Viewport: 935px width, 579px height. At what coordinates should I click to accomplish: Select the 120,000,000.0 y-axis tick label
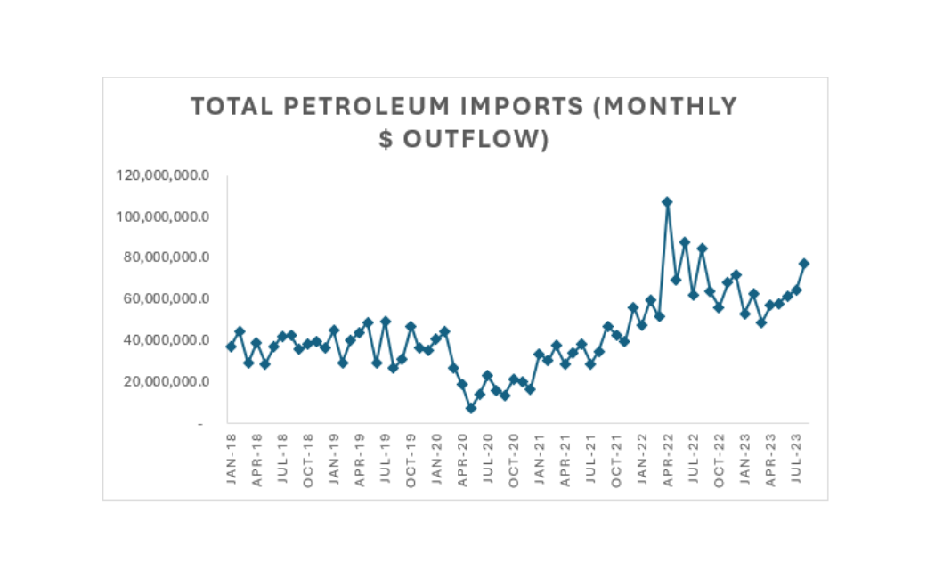click(x=163, y=175)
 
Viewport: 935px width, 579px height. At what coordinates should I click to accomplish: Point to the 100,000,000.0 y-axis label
click(x=163, y=216)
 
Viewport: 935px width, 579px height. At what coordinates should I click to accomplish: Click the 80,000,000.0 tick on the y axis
click(x=167, y=257)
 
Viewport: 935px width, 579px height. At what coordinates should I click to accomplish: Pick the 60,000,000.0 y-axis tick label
click(x=167, y=298)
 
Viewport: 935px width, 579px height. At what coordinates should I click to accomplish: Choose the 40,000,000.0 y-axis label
click(x=167, y=340)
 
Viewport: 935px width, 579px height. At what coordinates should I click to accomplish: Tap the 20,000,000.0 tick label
click(x=167, y=381)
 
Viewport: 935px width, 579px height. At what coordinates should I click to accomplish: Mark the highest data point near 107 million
click(x=667, y=202)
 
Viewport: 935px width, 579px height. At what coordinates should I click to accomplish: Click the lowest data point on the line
click(x=471, y=408)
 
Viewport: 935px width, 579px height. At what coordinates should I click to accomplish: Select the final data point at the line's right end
click(x=804, y=263)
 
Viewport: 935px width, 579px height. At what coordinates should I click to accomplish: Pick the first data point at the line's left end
click(x=232, y=347)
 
